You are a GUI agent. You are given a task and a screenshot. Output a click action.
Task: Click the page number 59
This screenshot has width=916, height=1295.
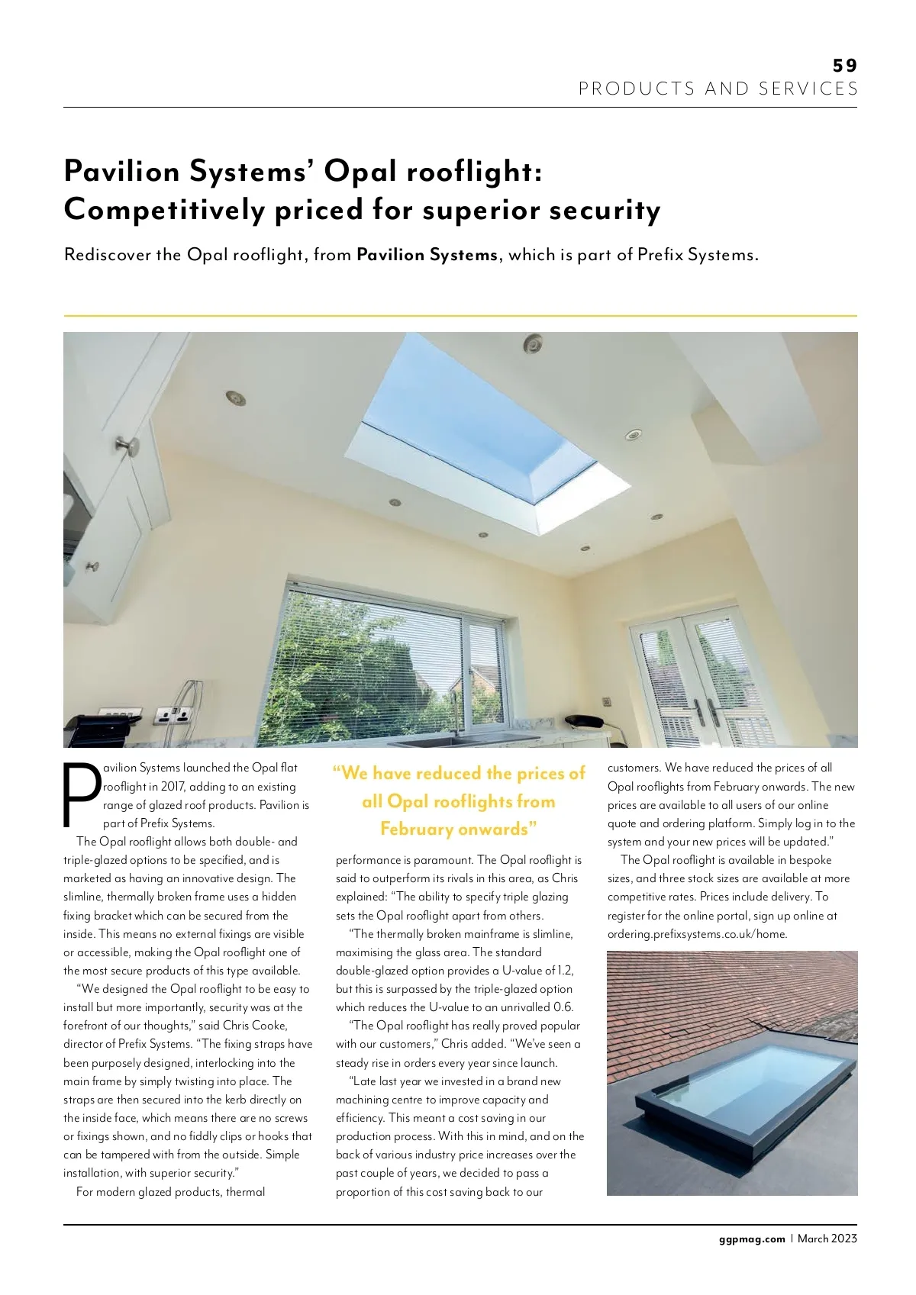[845, 66]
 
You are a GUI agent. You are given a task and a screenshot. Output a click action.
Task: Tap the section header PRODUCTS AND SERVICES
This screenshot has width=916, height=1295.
[718, 89]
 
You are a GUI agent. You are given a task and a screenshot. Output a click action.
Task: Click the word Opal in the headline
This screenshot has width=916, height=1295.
[360, 171]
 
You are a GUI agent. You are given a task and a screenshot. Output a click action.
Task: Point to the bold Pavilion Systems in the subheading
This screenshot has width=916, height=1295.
[427, 255]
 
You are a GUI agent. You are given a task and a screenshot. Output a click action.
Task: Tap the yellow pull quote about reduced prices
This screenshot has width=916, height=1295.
[458, 801]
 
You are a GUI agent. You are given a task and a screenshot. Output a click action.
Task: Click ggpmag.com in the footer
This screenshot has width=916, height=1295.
[751, 1239]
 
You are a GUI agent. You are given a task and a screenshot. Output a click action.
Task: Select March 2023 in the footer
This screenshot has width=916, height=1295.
[827, 1239]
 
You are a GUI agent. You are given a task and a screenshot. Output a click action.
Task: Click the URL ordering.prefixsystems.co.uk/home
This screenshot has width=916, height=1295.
[697, 934]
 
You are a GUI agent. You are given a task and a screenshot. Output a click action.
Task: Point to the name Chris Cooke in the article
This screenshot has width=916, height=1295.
[255, 1026]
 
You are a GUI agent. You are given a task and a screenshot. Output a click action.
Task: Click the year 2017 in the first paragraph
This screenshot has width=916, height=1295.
[173, 787]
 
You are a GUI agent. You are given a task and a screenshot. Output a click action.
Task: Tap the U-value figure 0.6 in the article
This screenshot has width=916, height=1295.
[563, 1007]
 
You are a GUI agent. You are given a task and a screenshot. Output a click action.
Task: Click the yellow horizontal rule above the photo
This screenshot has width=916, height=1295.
[460, 315]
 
